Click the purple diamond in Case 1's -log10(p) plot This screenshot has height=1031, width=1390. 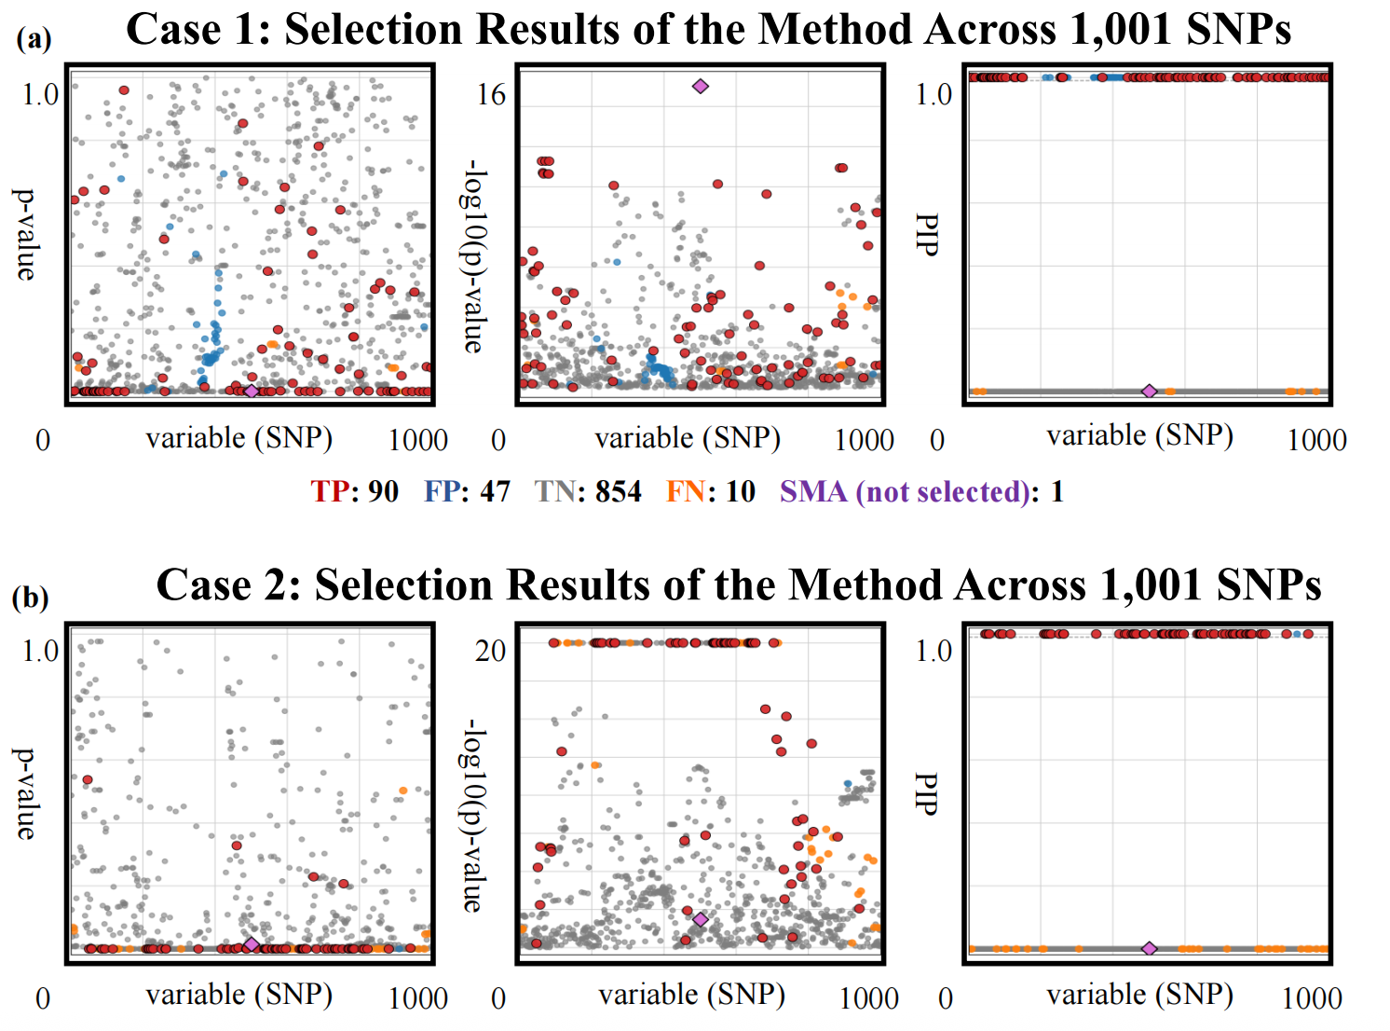tap(701, 87)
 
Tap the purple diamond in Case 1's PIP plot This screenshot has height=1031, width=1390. tap(1150, 392)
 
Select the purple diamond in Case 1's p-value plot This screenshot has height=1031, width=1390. tap(251, 391)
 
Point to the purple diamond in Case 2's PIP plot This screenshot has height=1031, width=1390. tap(1150, 948)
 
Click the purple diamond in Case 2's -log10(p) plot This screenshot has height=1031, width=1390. tap(701, 920)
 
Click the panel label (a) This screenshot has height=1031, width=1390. tap(34, 38)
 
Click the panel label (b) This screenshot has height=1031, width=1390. tap(30, 597)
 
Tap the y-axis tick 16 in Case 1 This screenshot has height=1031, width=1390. tap(491, 95)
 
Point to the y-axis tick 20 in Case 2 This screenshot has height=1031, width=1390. tap(491, 651)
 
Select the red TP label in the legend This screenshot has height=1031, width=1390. tap(330, 491)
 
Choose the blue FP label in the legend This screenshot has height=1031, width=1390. tap(443, 491)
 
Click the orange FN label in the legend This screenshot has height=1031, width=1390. tap(685, 491)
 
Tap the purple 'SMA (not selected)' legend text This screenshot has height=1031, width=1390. tap(904, 491)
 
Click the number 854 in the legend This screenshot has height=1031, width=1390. tap(619, 491)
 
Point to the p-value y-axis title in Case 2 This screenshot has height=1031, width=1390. tap(25, 793)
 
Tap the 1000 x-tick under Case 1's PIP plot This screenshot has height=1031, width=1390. tap(1316, 440)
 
